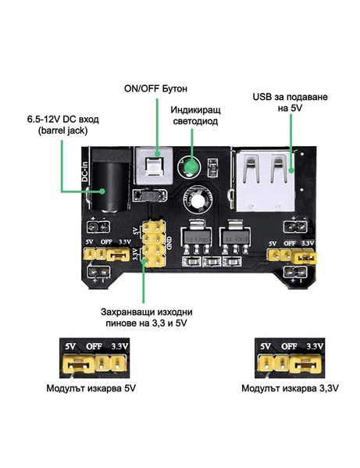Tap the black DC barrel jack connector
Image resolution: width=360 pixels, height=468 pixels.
click(x=101, y=185)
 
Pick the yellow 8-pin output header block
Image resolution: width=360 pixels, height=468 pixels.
click(x=154, y=243)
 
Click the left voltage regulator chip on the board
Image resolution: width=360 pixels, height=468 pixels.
click(x=194, y=234)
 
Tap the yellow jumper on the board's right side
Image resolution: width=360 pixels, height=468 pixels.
click(x=308, y=255)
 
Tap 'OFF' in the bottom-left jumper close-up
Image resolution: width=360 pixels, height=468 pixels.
click(x=93, y=345)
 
